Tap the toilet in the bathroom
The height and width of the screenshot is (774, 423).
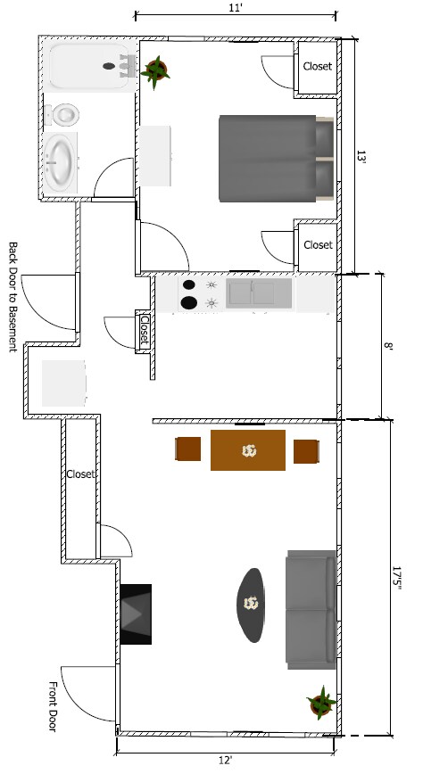[64, 114]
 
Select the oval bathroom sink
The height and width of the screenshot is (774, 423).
[61, 162]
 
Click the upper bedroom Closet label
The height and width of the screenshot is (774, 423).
[318, 67]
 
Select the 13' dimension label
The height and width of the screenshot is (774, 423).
[361, 156]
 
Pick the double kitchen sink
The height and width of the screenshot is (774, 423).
[259, 292]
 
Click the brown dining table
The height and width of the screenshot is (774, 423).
[248, 450]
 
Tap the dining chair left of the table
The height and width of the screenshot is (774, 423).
[188, 450]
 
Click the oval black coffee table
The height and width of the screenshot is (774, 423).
[253, 605]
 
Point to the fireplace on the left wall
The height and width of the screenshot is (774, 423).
[136, 613]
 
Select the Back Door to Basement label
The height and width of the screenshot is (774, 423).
[13, 297]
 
